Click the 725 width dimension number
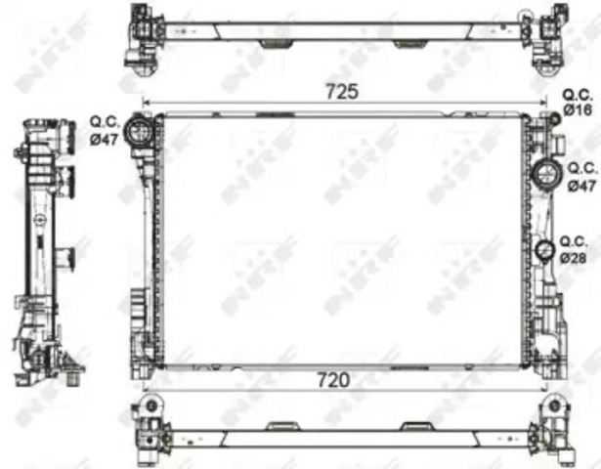click(342, 92)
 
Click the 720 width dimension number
click(333, 380)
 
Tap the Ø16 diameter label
click(578, 110)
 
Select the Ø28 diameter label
click(573, 258)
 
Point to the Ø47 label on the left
click(104, 140)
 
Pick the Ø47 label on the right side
click(581, 186)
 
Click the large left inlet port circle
click(139, 130)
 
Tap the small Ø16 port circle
click(554, 119)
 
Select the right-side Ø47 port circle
click(546, 175)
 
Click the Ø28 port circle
click(544, 252)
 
